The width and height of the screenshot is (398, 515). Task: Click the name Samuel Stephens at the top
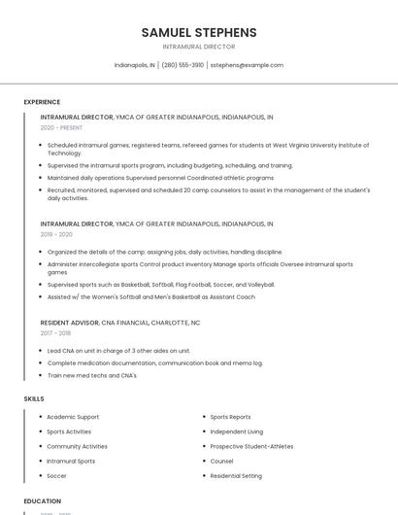point(198,32)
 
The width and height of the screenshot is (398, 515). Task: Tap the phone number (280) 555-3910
point(182,65)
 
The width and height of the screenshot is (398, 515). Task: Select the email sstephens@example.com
point(247,65)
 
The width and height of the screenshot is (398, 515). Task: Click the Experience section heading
point(42,102)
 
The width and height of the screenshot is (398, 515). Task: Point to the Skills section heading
point(34,398)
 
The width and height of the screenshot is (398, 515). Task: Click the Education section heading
point(43,501)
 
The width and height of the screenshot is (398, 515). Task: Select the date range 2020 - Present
point(61,127)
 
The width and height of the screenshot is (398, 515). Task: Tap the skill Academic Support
point(73,417)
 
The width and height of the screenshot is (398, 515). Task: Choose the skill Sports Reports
point(230,417)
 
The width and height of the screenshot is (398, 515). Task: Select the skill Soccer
point(56,476)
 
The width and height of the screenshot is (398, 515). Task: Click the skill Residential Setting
point(236,476)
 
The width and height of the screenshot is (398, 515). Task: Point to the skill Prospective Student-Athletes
point(251,446)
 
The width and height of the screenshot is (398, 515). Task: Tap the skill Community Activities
point(77,446)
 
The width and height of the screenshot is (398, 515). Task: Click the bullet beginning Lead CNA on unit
point(118,350)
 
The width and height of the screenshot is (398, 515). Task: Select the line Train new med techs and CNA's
point(92,375)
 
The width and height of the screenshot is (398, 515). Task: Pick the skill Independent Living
point(236,431)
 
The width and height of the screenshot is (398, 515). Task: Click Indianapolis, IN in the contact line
point(134,65)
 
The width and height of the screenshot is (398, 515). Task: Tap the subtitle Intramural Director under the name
point(198,47)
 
